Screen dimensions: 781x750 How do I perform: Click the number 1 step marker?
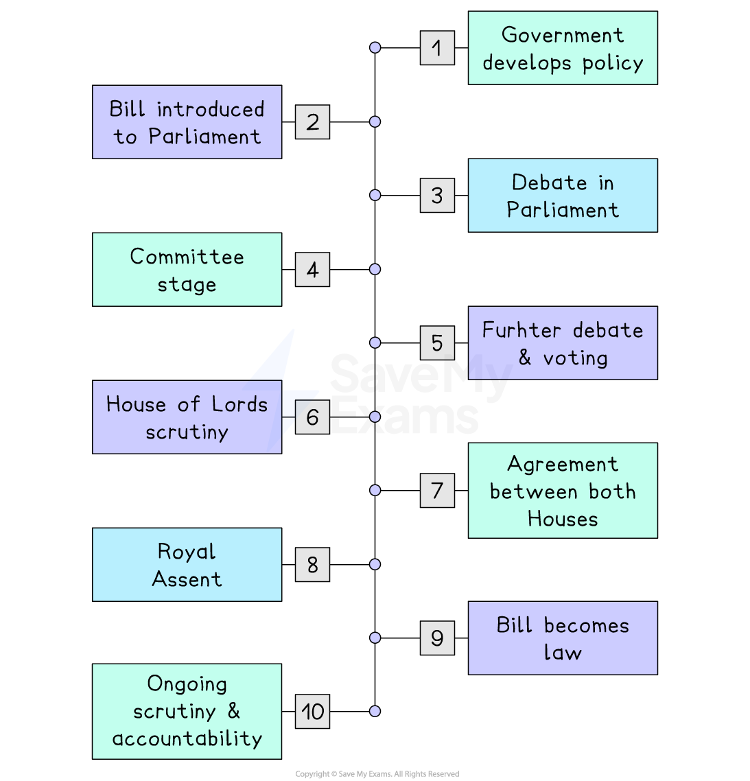[x=437, y=48]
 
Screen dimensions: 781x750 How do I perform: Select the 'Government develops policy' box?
[x=563, y=48]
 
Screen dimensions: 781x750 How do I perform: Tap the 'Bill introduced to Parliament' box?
[x=187, y=122]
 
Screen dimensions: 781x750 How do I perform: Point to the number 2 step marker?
[x=312, y=122]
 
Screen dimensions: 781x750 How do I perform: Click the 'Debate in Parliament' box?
[x=563, y=196]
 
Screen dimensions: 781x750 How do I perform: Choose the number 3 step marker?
[x=437, y=196]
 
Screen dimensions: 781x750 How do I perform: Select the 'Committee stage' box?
[x=187, y=270]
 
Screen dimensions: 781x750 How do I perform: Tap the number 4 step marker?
[x=312, y=270]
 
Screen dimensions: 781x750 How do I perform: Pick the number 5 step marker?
[x=437, y=343]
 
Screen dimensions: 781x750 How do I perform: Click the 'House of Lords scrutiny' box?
[x=187, y=417]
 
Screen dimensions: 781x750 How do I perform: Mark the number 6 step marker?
[x=312, y=417]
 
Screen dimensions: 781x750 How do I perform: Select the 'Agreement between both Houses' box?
[x=563, y=491]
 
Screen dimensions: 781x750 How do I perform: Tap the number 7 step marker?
[x=437, y=491]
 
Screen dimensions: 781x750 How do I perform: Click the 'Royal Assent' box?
[x=187, y=565]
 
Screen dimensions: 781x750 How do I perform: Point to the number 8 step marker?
[x=312, y=565]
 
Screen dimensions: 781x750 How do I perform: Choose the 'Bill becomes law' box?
[x=563, y=638]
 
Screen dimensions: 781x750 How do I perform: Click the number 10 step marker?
[x=312, y=712]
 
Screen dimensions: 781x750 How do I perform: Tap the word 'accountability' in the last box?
[x=187, y=738]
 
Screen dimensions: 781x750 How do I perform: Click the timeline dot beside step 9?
[x=375, y=638]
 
